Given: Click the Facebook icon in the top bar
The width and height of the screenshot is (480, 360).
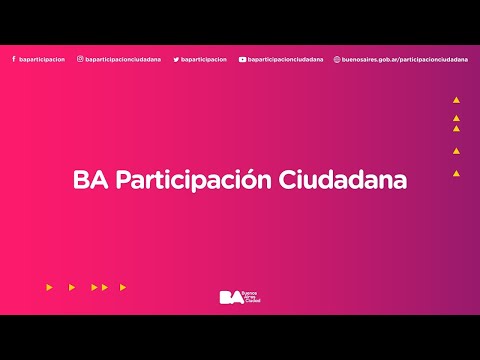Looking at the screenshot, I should coord(14,59).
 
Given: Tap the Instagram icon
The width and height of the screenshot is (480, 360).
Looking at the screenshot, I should coord(80,59).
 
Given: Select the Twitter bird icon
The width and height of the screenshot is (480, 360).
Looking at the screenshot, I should coord(176,59).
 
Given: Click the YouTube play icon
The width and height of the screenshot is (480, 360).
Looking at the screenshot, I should coord(242,59).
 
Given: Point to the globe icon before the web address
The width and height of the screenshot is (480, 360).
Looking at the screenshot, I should coord(337,59).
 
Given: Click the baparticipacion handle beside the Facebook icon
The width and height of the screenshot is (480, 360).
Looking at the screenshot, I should coord(42,59).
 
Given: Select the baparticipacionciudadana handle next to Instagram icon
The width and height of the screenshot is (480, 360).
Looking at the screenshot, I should coord(124,59).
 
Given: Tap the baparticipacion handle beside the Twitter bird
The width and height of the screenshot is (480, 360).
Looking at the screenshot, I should coord(204,59).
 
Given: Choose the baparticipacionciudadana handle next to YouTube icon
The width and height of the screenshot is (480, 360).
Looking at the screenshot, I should coord(286,59).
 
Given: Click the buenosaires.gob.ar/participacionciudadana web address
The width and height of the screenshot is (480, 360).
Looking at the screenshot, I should coord(404,59).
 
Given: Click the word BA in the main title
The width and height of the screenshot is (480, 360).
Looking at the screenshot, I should coord(87,181).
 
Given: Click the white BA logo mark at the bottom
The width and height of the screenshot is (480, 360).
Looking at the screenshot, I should coord(230,297).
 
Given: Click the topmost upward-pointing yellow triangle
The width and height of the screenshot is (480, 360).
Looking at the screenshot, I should coord(456,101).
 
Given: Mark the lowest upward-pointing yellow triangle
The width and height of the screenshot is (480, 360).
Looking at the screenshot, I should coord(456,173).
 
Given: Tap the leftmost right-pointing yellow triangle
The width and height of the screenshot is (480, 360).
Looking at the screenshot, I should coord(49,287).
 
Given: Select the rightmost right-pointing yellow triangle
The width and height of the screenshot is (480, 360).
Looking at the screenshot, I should coord(123,287).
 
